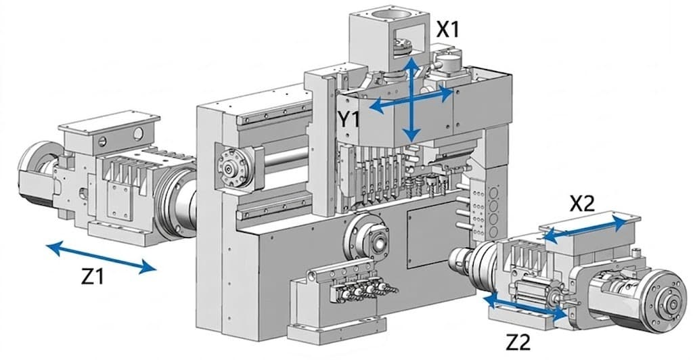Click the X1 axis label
448,30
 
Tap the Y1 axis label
349,120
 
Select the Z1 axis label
93,277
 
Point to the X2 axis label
582,204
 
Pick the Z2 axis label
518,342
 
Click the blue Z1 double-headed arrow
102,257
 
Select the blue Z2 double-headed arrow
525,308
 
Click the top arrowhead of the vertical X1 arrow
412,63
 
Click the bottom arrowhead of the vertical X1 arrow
412,135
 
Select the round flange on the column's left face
231,168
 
